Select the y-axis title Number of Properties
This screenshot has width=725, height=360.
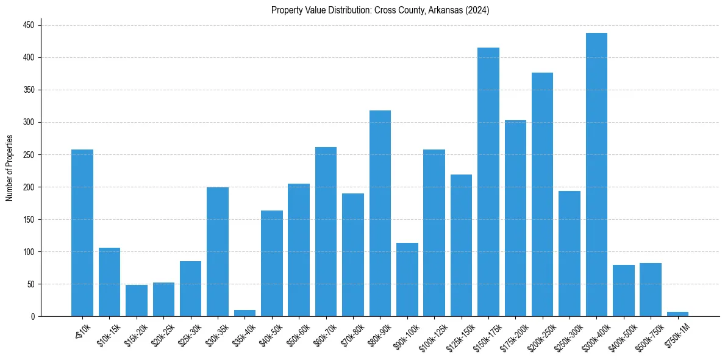pos(9,168)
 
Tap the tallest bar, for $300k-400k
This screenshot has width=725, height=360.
pos(596,175)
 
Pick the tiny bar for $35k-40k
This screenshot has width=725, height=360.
pos(245,313)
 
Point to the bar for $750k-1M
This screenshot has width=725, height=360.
pos(677,314)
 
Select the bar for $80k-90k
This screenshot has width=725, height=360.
pos(380,213)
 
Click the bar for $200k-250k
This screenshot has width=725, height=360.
pos(542,194)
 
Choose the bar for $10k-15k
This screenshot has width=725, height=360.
pos(109,282)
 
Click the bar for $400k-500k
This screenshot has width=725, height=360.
pos(624,290)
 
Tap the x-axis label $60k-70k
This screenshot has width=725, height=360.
pos(324,334)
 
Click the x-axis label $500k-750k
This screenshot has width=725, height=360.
pos(648,336)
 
